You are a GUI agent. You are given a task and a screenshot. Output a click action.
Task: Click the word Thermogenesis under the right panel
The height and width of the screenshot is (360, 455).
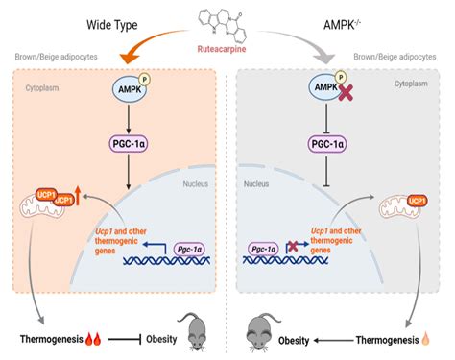pos(380,339)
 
